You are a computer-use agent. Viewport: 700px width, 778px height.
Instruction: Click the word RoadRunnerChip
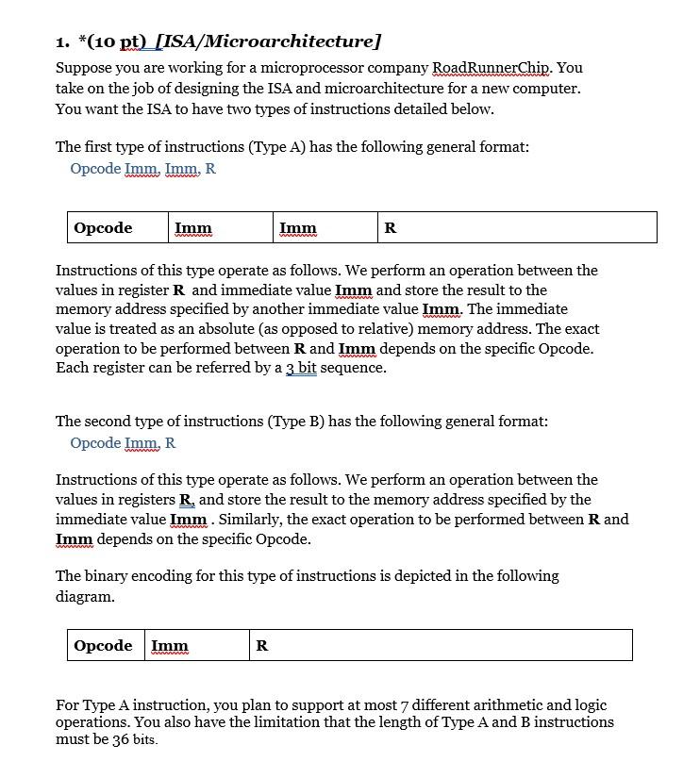507,68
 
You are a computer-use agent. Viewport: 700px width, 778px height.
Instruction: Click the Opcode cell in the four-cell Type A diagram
118,227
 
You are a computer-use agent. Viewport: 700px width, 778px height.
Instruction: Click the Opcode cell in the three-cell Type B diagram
106,645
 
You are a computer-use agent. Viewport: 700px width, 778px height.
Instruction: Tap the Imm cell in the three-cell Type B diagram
197,645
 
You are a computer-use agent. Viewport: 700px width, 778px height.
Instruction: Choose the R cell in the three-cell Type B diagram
441,645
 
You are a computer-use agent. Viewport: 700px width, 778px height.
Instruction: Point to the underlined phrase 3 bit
301,368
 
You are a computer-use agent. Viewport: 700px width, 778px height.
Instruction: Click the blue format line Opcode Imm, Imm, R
142,169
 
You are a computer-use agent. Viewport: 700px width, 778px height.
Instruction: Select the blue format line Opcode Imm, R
123,443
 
